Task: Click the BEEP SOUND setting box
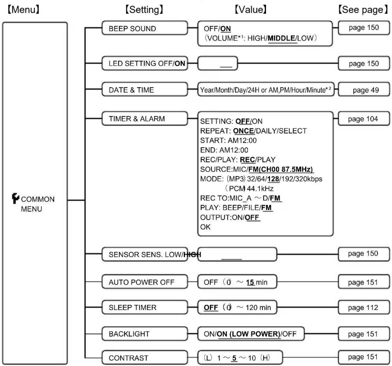tap(145, 28)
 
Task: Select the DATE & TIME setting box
tap(145, 89)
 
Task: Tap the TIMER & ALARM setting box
tap(145, 119)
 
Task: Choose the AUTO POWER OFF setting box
tap(145, 282)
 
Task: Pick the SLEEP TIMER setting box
tap(145, 307)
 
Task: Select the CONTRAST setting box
tap(145, 357)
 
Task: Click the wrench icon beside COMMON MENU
tap(15, 198)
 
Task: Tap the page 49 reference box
tap(364, 90)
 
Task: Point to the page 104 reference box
tap(364, 119)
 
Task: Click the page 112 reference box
tap(364, 307)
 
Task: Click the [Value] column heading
tap(251, 9)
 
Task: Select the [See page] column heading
tap(363, 9)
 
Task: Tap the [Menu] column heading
tap(23, 9)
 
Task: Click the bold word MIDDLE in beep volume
tap(281, 38)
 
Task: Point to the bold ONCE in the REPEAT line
tap(243, 131)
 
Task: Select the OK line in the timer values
tap(205, 227)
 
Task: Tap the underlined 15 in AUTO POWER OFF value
tap(250, 282)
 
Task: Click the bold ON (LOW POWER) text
tap(248, 334)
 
